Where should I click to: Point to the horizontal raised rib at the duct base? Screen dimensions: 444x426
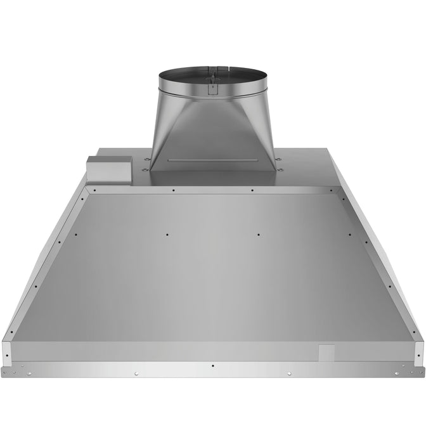(x=212, y=160)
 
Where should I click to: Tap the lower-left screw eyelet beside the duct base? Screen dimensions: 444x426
(x=146, y=169)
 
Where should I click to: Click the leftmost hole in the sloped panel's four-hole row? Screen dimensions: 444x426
(x=76, y=234)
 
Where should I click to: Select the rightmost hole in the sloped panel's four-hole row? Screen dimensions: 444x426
(x=349, y=234)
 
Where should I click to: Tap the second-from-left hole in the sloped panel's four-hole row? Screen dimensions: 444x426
(x=167, y=234)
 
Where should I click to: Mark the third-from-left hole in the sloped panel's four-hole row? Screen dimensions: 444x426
(x=258, y=234)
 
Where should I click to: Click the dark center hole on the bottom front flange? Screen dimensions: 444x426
(x=212, y=366)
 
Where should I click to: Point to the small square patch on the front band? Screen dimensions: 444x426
(x=326, y=352)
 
